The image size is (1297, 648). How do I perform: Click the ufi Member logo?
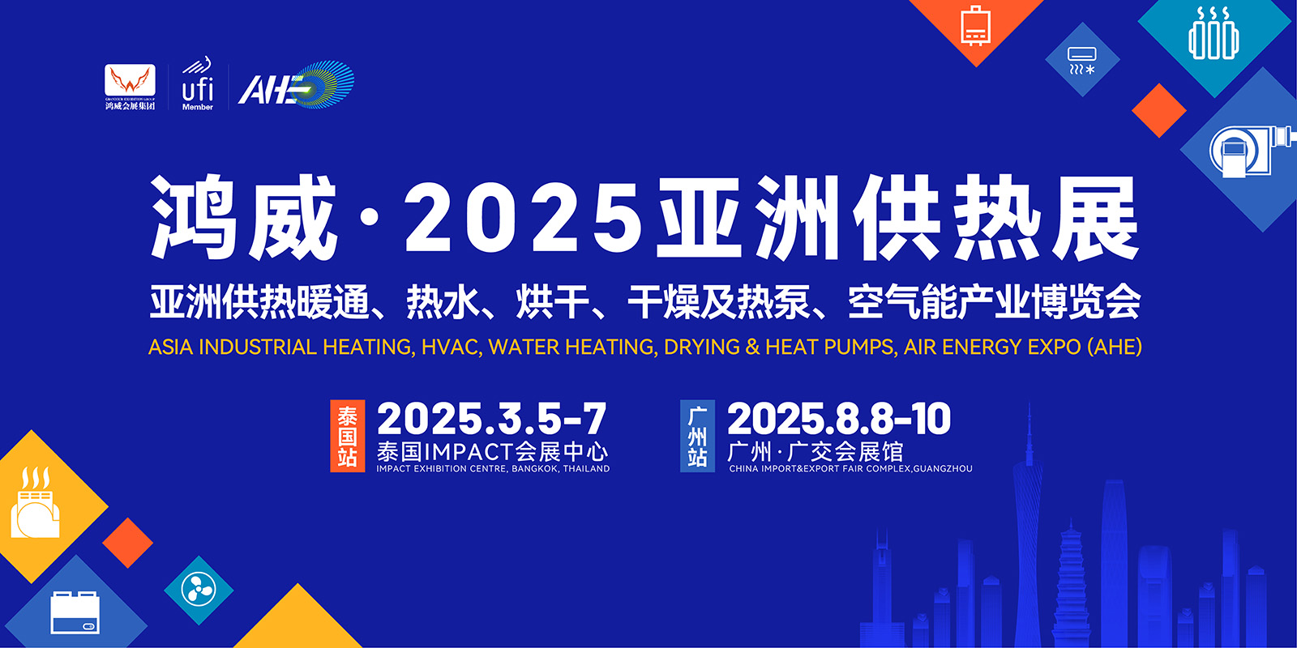tap(198, 84)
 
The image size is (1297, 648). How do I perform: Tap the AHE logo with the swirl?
tap(296, 85)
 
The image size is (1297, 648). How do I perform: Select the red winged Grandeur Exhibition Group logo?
tap(131, 86)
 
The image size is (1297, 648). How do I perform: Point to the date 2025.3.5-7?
tap(491, 419)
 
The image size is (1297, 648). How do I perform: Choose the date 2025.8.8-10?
tap(839, 419)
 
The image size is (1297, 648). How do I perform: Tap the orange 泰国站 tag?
tap(348, 436)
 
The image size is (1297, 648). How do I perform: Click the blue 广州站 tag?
tap(697, 436)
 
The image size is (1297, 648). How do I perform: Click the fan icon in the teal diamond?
tap(199, 590)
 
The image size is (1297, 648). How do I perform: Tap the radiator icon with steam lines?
tap(1214, 33)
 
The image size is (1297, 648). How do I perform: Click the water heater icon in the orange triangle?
tap(976, 25)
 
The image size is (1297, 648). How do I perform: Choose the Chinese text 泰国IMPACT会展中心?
tap(492, 452)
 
